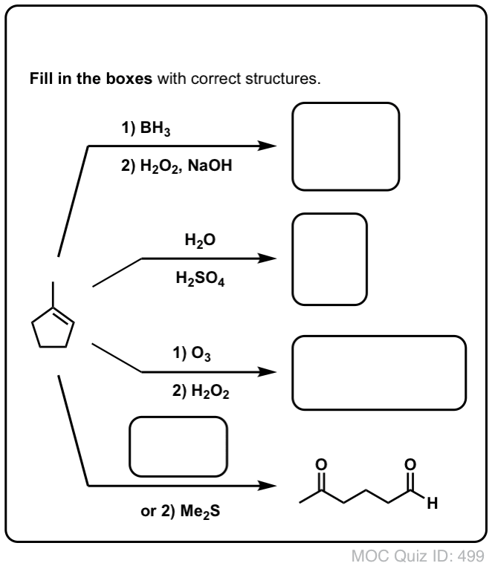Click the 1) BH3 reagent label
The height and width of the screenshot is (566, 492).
click(146, 129)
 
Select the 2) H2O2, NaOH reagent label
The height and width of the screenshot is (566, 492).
click(177, 166)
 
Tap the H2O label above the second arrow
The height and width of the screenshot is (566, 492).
click(200, 240)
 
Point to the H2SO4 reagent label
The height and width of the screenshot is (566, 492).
click(200, 279)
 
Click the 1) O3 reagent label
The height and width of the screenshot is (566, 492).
click(192, 353)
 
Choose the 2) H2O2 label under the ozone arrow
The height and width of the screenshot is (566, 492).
click(201, 391)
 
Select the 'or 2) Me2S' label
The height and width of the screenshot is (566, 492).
click(181, 512)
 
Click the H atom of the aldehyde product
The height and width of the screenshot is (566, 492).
click(433, 503)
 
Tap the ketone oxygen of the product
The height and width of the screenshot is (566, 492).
click(321, 464)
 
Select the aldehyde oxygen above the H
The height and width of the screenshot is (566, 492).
click(410, 464)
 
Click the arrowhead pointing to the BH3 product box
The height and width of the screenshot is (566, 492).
click(268, 146)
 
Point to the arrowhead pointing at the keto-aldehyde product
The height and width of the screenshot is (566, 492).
click(268, 486)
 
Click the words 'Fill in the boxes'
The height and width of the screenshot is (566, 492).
click(91, 79)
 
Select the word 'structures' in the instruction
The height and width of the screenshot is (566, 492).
click(283, 79)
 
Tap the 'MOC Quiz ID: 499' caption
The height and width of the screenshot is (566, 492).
click(418, 556)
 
